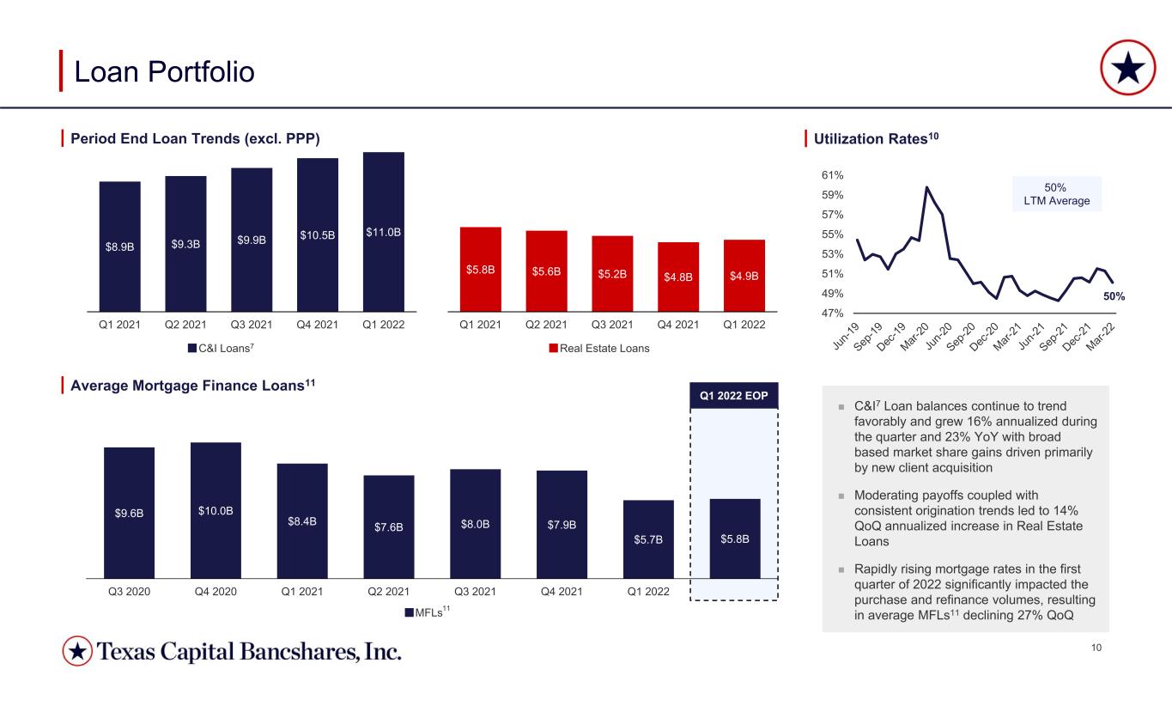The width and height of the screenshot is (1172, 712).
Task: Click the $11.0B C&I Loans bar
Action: click(384, 232)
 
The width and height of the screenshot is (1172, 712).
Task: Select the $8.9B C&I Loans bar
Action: click(120, 246)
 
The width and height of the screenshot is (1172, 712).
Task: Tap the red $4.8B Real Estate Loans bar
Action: click(678, 277)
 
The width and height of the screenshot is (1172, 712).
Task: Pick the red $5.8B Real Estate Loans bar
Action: click(480, 270)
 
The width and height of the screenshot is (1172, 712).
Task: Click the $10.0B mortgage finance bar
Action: click(216, 510)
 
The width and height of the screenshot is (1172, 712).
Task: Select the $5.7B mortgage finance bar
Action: click(648, 539)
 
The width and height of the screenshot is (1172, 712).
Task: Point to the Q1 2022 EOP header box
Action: click(733, 396)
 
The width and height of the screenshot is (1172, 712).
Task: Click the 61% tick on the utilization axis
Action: click(832, 175)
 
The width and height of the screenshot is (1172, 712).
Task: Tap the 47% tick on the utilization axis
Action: click(832, 313)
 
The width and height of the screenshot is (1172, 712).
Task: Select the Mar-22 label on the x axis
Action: click(1101, 337)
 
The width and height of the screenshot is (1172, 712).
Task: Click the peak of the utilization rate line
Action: click(926, 187)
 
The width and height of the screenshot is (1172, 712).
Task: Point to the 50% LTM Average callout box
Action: click(1056, 194)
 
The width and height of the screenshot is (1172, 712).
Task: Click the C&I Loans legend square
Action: click(192, 348)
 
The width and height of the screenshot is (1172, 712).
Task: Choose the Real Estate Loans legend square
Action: click(553, 348)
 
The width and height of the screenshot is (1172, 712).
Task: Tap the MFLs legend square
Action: click(410, 612)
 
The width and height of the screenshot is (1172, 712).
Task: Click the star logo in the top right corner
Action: click(1127, 68)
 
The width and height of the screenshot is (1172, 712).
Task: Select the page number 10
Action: click(1096, 648)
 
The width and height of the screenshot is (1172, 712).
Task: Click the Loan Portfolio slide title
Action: click(164, 72)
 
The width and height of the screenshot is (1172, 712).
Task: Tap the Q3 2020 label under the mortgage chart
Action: click(129, 592)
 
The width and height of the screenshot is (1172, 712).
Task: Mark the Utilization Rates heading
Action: click(876, 139)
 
